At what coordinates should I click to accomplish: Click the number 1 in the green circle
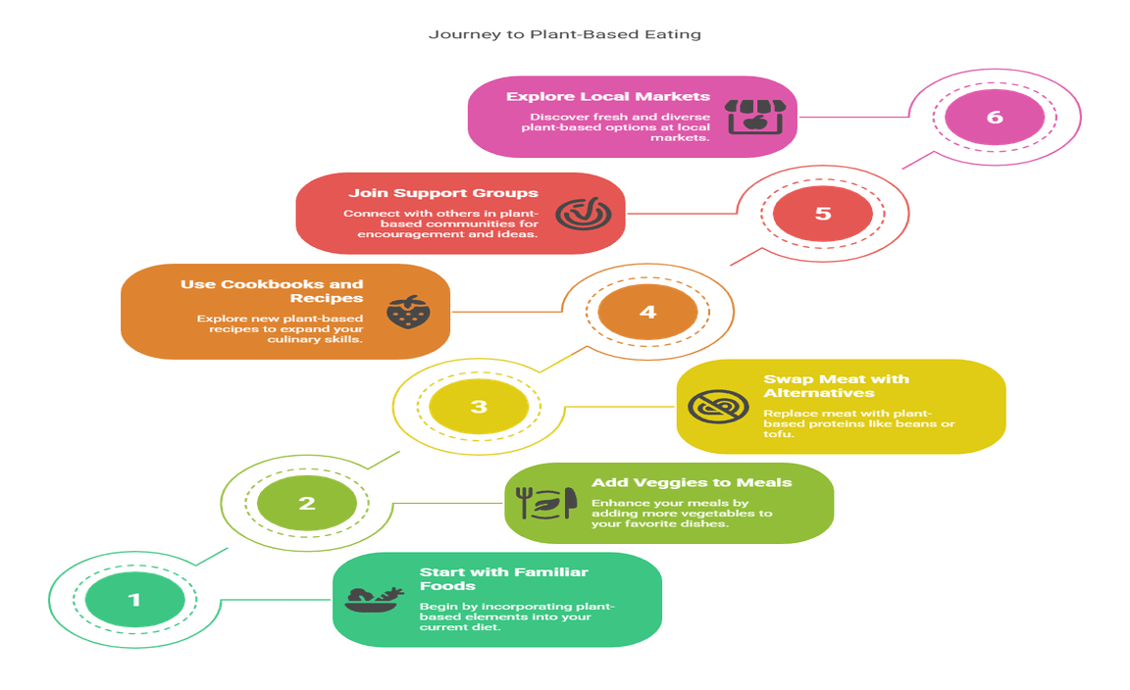coord(134,599)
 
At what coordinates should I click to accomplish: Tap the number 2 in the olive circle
coord(307,504)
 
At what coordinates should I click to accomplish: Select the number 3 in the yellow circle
coord(479,406)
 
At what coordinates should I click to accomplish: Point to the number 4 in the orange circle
coord(647,312)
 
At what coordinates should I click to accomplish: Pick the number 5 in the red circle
coord(822,213)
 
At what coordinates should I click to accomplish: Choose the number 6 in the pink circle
coord(995,118)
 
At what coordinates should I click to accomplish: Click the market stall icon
coord(745,116)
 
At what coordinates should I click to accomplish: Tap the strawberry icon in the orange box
coord(406,312)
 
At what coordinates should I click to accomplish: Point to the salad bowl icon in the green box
coord(374,599)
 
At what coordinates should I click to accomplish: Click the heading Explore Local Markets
coord(607,97)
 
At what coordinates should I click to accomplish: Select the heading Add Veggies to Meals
coord(691,483)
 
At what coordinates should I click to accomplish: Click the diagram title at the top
coord(565,35)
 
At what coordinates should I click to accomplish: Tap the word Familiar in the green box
coord(539,572)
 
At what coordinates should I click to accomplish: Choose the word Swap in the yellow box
coord(785,378)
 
